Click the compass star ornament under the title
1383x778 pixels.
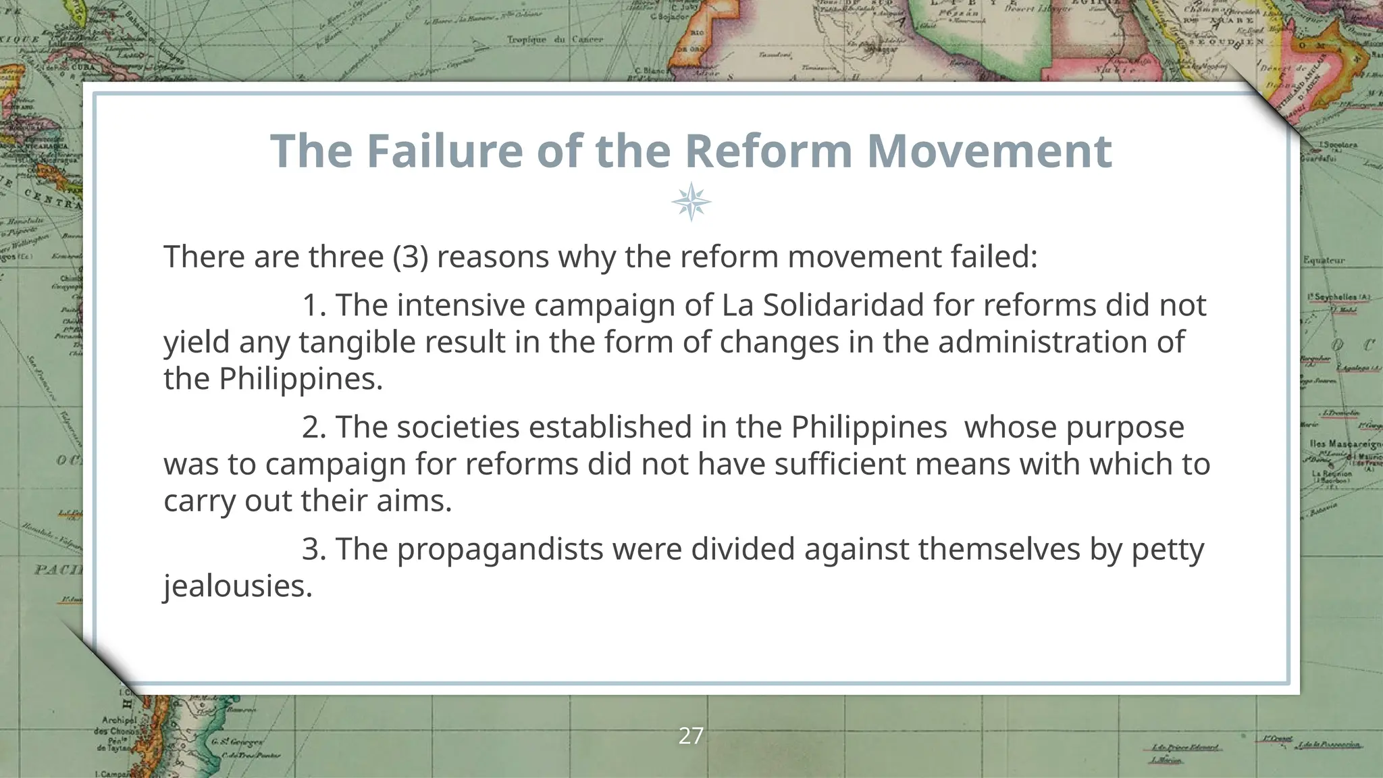point(691,202)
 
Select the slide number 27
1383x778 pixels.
point(691,735)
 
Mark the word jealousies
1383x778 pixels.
point(238,586)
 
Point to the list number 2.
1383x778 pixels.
point(313,427)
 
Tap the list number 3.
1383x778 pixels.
point(313,549)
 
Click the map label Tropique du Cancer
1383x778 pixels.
point(554,39)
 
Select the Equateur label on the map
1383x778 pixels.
point(1324,260)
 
